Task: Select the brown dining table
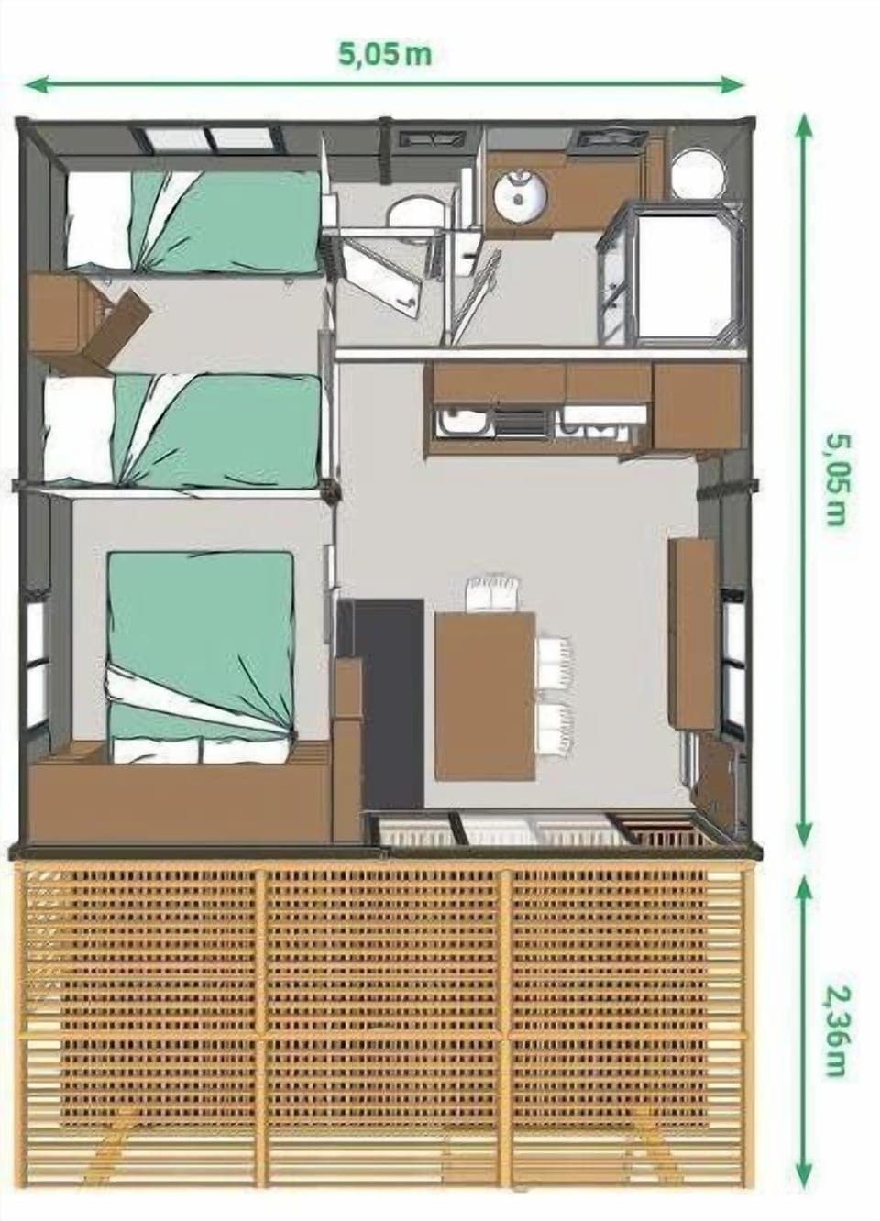coord(485,697)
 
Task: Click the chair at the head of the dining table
coord(494,593)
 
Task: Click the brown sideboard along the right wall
coord(693,632)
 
